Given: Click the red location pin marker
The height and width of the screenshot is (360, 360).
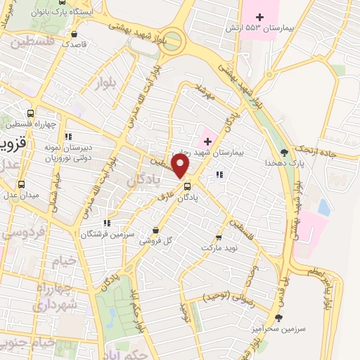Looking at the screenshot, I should tap(181, 167).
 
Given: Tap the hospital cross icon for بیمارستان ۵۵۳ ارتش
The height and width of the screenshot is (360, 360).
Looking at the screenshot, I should tap(259, 16).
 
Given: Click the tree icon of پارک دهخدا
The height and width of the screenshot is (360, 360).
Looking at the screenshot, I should tap(285, 151).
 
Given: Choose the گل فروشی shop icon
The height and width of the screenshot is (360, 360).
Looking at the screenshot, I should tap(155, 230).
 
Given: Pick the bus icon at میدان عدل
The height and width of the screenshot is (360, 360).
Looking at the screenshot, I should tap(20, 186).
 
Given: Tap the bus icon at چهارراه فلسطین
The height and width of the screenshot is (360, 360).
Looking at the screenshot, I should tap(30, 113).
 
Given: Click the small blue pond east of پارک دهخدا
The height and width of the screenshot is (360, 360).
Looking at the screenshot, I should tap(323, 207).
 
